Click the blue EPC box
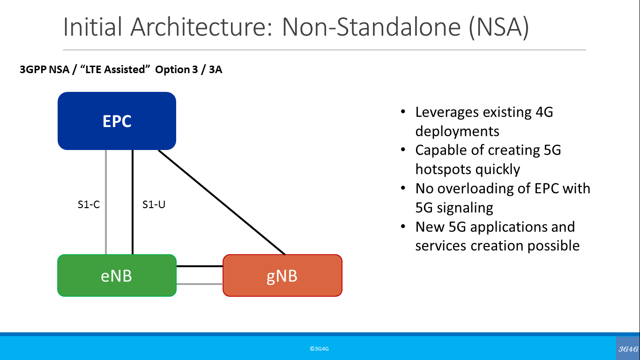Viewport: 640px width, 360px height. point(117,121)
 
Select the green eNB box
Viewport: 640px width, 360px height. point(117,276)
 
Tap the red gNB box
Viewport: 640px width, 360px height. point(282,276)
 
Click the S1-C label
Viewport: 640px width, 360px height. point(89,205)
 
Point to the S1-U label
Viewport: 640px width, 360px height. point(154,205)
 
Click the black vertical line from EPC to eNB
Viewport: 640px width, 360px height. point(133,225)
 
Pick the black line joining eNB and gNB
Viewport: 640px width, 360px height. point(200,266)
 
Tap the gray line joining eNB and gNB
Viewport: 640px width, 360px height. point(200,284)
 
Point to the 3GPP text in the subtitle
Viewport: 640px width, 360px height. point(33,70)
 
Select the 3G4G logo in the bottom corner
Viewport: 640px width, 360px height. point(628,349)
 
